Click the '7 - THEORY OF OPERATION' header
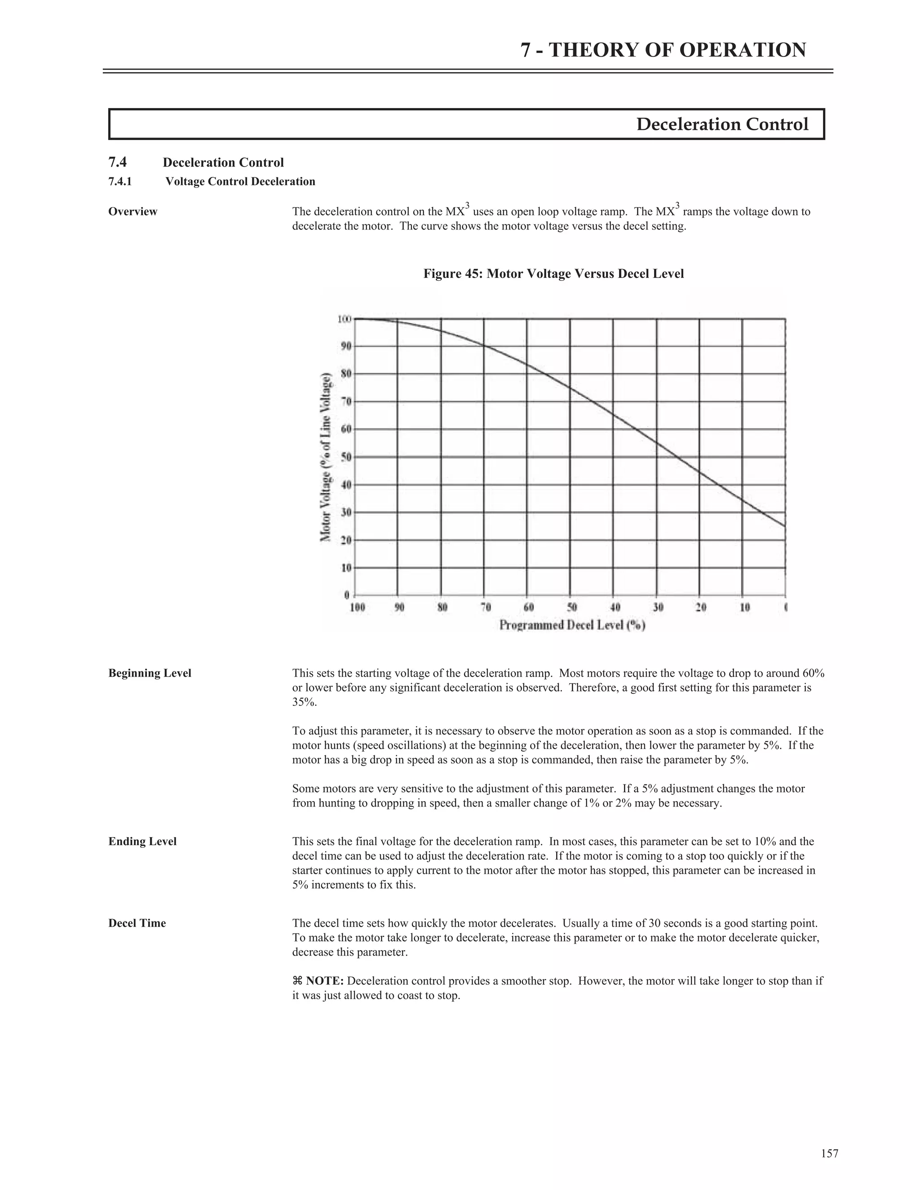click(x=663, y=50)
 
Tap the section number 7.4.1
click(x=120, y=181)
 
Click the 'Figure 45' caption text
click(x=553, y=273)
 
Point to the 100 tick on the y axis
click(x=345, y=319)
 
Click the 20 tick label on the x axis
click(x=701, y=607)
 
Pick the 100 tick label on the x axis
click(x=357, y=607)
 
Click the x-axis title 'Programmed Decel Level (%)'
click(x=572, y=625)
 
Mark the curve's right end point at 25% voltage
click(x=785, y=526)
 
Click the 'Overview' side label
click(x=133, y=212)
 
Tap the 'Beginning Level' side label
click(x=150, y=673)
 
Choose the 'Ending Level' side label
click(x=142, y=841)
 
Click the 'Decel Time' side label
click(x=137, y=923)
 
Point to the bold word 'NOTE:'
click(x=324, y=981)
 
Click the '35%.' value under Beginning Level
click(x=304, y=702)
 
